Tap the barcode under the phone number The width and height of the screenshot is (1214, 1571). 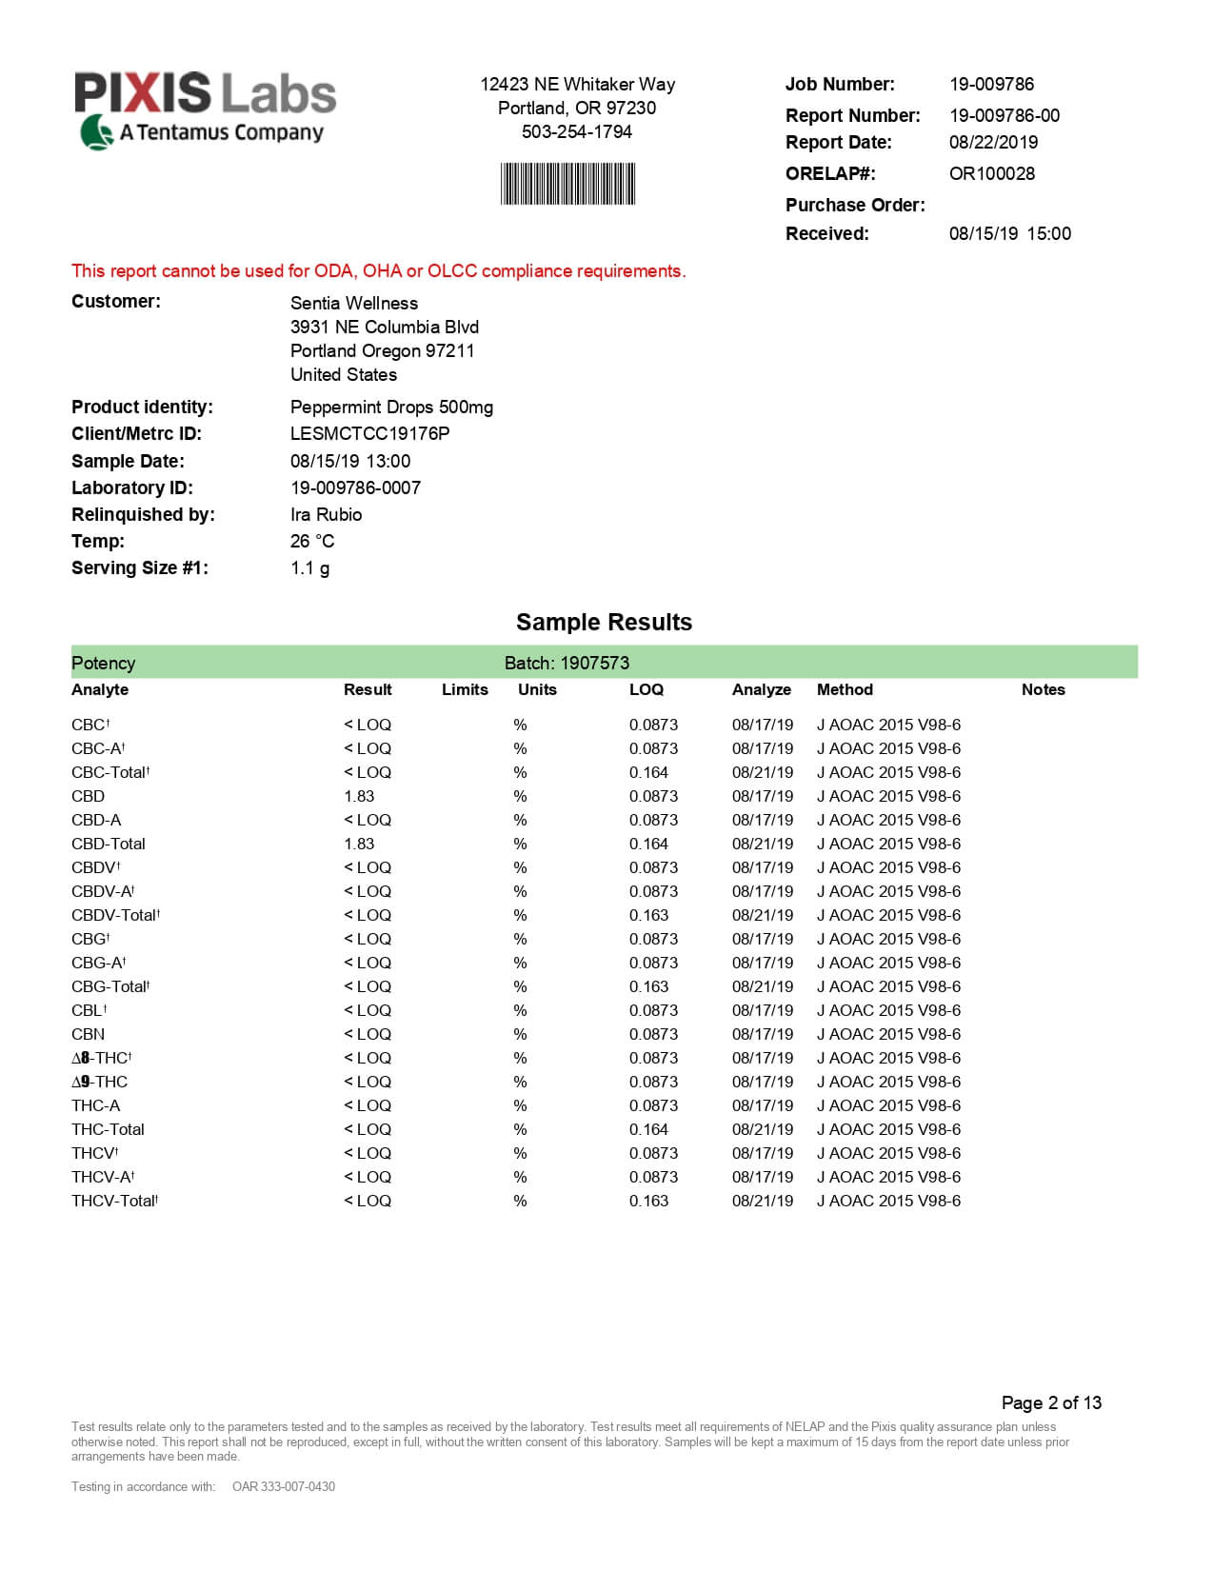point(567,184)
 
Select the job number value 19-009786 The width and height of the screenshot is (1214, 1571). point(991,84)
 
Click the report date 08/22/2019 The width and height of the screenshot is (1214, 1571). point(993,142)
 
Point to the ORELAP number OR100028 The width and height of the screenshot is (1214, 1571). point(991,173)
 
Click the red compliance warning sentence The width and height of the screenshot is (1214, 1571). point(378,270)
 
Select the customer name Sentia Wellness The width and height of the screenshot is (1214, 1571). point(353,303)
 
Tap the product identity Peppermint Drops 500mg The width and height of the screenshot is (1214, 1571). point(391,407)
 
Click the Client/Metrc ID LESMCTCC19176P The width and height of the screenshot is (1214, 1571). point(369,433)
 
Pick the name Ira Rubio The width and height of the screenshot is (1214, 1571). point(326,514)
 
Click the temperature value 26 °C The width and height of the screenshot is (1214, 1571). point(312,541)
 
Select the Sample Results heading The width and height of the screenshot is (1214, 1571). point(604,622)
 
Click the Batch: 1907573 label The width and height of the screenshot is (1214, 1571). point(567,663)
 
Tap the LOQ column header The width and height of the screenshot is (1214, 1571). point(646,689)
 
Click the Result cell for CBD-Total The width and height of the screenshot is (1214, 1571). point(359,844)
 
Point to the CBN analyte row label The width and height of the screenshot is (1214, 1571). point(88,1034)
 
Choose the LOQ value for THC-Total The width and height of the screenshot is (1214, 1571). point(648,1129)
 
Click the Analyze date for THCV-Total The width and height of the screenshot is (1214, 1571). point(762,1201)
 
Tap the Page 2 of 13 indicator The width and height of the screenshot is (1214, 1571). point(1050,1402)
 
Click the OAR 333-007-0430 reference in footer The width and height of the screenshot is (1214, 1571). point(283,1486)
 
